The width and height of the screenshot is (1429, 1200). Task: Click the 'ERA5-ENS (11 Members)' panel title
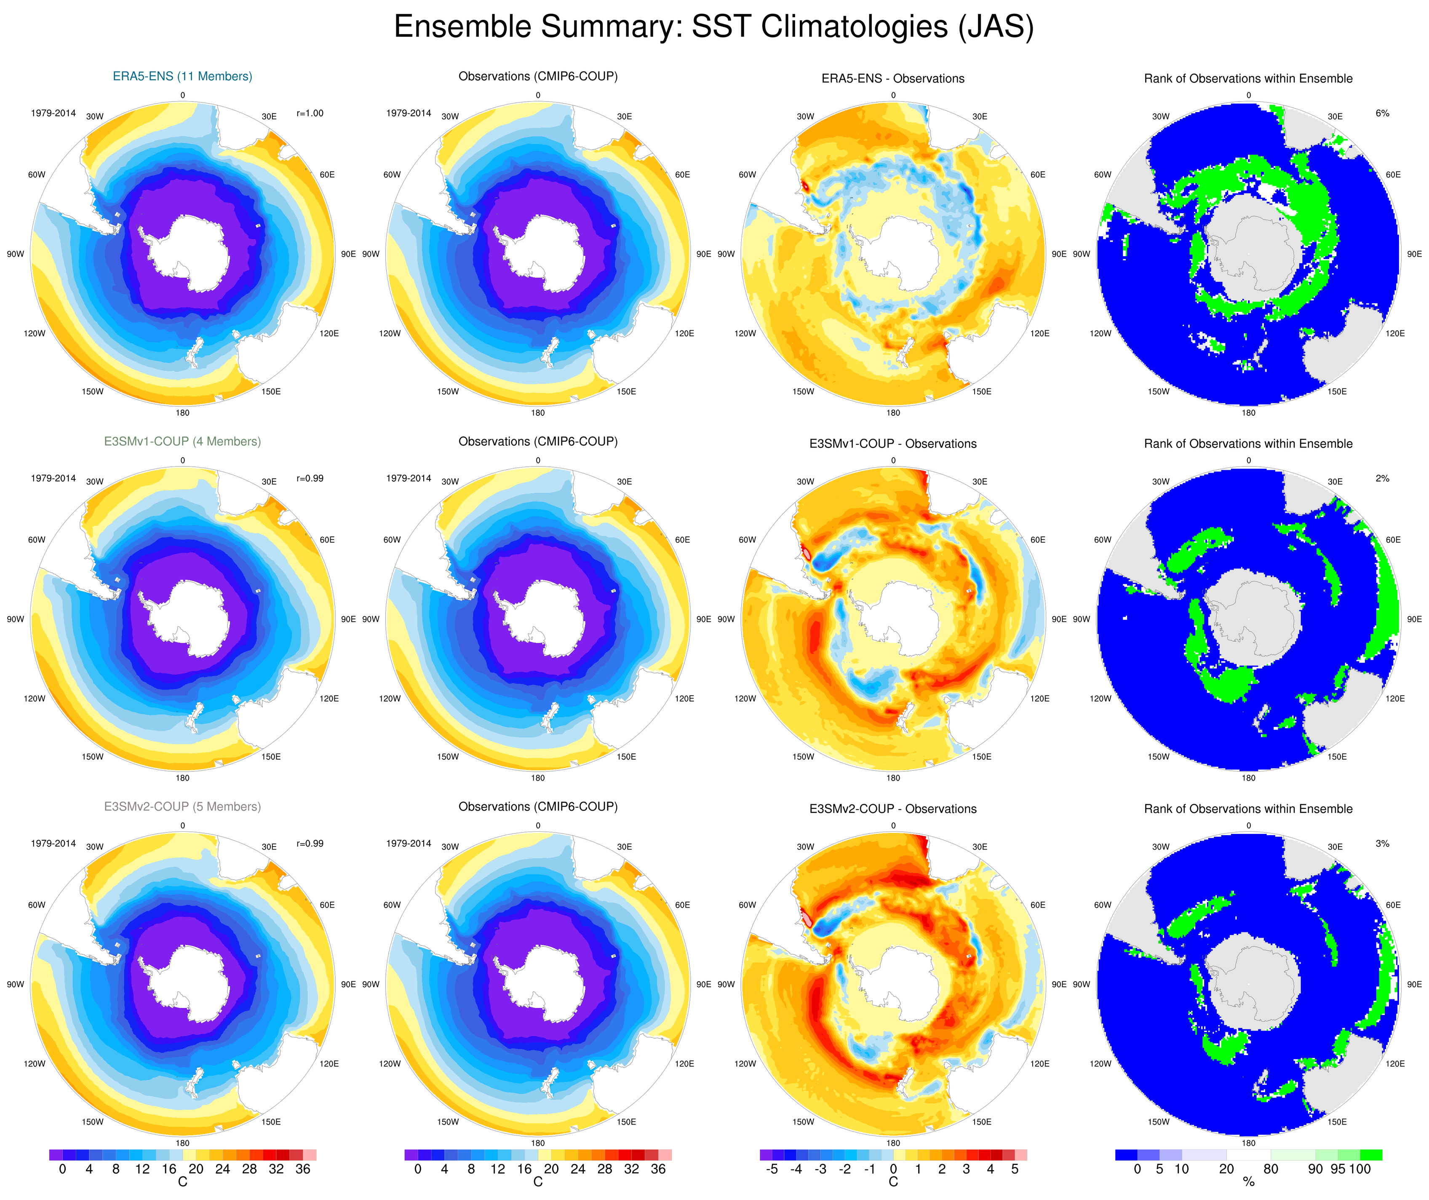tap(182, 76)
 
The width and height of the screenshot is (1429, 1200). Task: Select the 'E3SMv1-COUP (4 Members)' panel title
tap(182, 441)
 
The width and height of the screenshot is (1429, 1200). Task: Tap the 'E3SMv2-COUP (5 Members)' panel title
tap(182, 806)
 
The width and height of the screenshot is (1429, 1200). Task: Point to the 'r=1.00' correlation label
tap(310, 113)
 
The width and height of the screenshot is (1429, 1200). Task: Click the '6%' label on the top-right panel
tap(1382, 113)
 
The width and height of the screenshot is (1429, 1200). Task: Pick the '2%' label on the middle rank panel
tap(1382, 479)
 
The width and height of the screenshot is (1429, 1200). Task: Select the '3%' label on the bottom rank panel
tap(1382, 844)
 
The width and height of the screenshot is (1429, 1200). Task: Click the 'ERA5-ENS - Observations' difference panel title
tap(893, 78)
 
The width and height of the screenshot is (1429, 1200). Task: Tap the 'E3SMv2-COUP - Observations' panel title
tap(893, 809)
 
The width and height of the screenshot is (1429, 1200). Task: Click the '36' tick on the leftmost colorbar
tap(303, 1169)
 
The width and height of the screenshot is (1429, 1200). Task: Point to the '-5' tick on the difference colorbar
tap(771, 1169)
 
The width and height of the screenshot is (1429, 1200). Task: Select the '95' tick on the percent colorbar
tap(1338, 1169)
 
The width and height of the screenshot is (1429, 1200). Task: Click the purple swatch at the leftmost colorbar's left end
tap(56, 1154)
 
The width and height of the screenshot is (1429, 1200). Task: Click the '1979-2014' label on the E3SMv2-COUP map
tap(53, 844)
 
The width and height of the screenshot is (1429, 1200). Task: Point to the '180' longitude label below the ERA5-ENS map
tap(182, 412)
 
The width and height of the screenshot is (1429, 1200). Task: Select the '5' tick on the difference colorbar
tap(1015, 1169)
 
